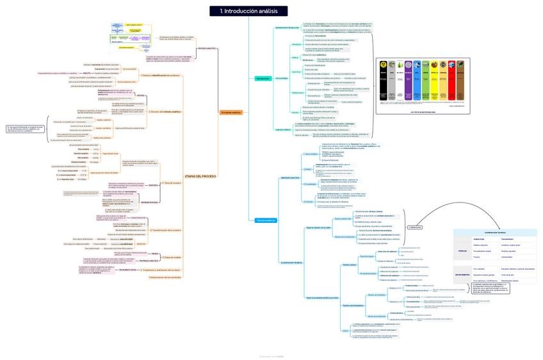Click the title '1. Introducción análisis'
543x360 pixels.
248,11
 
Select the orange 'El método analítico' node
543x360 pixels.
231,113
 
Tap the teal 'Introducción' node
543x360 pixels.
263,78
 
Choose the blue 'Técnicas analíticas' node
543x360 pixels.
265,220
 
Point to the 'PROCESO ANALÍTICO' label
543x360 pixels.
206,49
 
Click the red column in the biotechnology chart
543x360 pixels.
451,80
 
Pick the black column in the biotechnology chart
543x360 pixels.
384,80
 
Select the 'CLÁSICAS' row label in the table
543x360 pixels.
462,251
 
